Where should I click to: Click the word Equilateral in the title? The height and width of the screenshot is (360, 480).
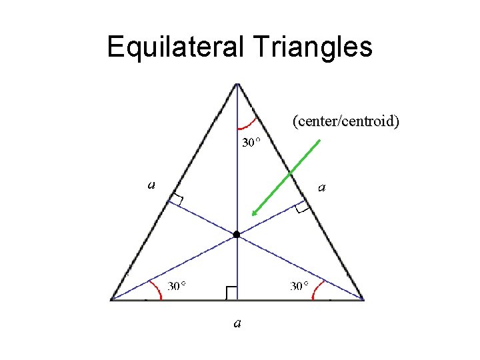[x=176, y=47]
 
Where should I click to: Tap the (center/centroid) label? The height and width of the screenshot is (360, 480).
[x=345, y=121]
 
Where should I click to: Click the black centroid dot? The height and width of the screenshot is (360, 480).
[x=236, y=235]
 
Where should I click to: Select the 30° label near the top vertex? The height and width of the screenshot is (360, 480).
[x=251, y=143]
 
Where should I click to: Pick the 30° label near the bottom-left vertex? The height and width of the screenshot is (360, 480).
[x=176, y=287]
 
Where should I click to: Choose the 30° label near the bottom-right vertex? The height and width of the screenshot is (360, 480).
[x=299, y=287]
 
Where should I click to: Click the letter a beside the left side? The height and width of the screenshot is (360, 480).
[x=151, y=185]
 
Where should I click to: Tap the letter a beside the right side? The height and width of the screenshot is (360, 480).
[x=322, y=188]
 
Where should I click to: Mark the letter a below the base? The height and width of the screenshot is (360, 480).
[x=237, y=324]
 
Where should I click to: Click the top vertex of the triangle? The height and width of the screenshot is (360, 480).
[x=237, y=84]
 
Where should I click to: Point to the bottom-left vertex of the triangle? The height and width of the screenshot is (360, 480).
[x=112, y=300]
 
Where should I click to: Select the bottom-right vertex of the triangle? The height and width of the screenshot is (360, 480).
[x=363, y=300]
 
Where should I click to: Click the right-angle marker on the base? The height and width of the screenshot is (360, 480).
[x=231, y=293]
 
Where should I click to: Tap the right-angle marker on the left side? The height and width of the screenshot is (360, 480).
[x=176, y=201]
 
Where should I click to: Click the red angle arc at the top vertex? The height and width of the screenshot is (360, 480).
[x=247, y=124]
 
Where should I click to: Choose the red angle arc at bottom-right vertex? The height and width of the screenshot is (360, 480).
[x=317, y=290]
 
